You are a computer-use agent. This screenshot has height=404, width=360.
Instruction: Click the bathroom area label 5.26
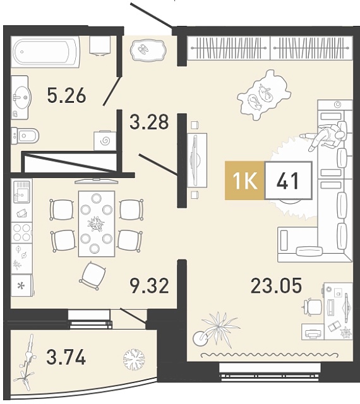click(x=66, y=95)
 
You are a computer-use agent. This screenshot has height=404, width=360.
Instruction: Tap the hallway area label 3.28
click(x=149, y=122)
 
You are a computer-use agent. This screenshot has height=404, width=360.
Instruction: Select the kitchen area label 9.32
click(x=150, y=286)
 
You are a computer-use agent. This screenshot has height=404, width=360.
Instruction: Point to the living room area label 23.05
click(x=276, y=286)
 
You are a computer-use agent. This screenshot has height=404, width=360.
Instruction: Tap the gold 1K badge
click(x=244, y=181)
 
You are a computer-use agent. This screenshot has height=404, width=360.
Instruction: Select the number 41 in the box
click(x=288, y=181)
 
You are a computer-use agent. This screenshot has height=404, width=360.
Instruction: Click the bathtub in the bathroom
click(x=45, y=52)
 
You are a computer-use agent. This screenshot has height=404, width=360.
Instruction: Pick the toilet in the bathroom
click(x=25, y=135)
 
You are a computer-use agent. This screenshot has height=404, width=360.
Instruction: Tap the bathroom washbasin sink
click(x=20, y=97)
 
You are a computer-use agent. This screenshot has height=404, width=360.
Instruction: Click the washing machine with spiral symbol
click(x=105, y=141)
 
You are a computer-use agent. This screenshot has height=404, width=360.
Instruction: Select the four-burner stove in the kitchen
click(x=21, y=233)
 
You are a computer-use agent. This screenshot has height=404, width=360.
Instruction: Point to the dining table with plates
click(x=97, y=223)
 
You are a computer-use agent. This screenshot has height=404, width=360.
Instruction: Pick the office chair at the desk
click(x=312, y=307)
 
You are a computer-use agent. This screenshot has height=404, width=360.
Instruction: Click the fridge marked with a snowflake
click(x=22, y=285)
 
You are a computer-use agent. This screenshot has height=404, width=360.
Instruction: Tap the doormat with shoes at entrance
click(x=148, y=50)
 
